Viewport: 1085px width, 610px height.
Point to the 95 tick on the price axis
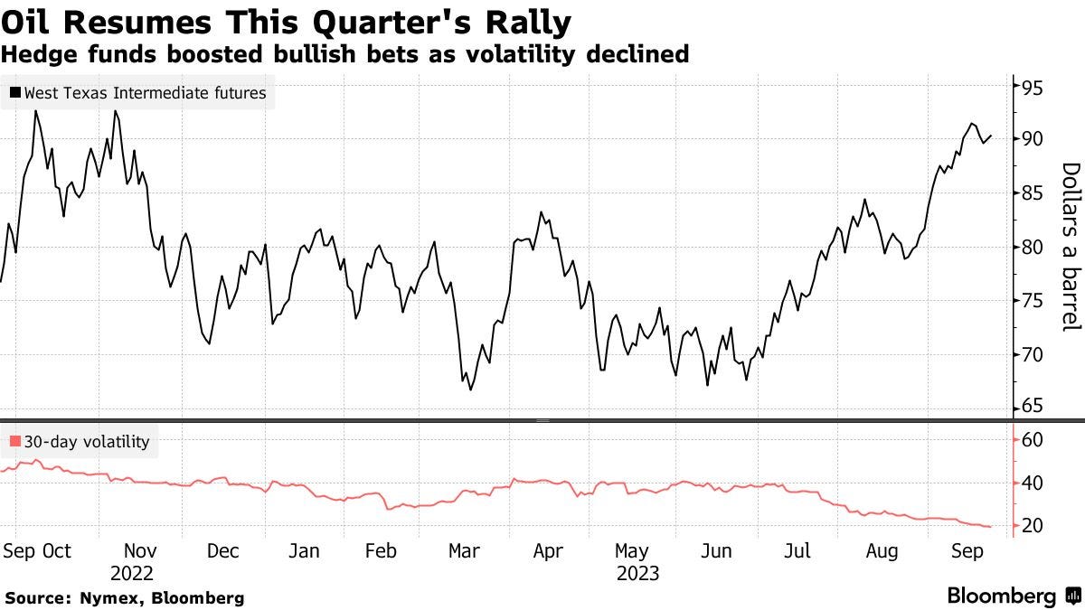pyautogui.click(x=1033, y=89)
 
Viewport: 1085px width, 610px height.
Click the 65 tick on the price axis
pyautogui.click(x=1033, y=407)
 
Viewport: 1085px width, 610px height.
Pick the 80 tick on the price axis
pyautogui.click(x=1033, y=247)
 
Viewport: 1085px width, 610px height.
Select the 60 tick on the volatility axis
pyautogui.click(x=1033, y=440)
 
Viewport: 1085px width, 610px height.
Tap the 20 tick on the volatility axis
pyautogui.click(x=1033, y=526)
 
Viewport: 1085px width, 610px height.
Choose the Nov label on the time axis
pyautogui.click(x=139, y=551)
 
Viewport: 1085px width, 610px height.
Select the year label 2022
pyautogui.click(x=133, y=574)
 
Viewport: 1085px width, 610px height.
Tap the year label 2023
pyautogui.click(x=637, y=574)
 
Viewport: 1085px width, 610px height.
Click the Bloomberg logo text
pyautogui.click(x=1002, y=596)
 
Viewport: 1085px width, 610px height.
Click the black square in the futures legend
pyautogui.click(x=15, y=92)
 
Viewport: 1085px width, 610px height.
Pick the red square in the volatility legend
pyautogui.click(x=15, y=443)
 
